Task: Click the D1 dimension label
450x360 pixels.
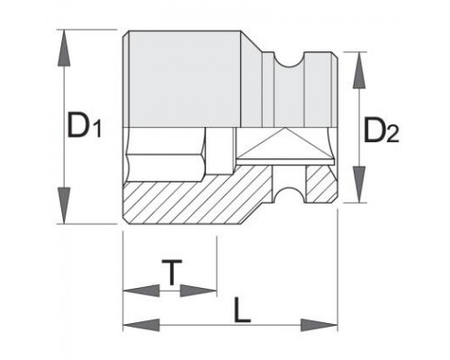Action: tap(85, 124)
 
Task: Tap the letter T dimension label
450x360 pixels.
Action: tap(172, 273)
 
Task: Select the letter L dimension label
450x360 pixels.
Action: tap(242, 310)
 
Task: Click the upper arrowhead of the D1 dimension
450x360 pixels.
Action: tap(64, 48)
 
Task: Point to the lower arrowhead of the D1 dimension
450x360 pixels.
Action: tap(64, 205)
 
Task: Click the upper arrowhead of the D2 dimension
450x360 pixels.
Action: tap(359, 70)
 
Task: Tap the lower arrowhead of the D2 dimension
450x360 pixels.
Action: tap(359, 184)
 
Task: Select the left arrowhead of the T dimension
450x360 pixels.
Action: tap(141, 291)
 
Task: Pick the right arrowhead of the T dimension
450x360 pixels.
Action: tap(198, 291)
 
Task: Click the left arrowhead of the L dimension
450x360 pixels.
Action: tap(141, 325)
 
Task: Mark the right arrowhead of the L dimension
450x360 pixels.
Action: tap(319, 325)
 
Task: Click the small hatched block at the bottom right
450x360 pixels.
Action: tap(321, 184)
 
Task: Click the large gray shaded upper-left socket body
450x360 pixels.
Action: tap(184, 78)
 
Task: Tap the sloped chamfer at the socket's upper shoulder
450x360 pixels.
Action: tap(251, 78)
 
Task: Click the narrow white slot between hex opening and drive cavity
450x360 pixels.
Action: tap(220, 151)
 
